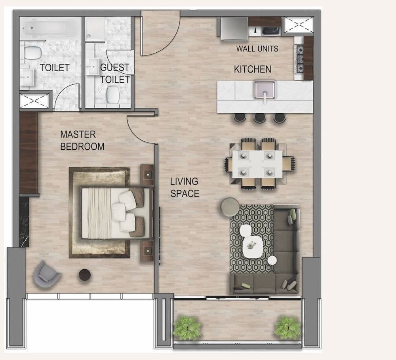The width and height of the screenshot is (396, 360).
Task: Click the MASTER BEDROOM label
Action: (82, 141)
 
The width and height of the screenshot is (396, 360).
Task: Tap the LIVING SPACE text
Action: (185, 188)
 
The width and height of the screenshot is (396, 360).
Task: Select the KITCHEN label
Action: (253, 69)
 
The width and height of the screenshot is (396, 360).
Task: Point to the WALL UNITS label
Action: (257, 49)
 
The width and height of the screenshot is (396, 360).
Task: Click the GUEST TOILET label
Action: (114, 74)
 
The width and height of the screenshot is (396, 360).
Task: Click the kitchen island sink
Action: (265, 89)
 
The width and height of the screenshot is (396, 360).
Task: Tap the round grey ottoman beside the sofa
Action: (230, 207)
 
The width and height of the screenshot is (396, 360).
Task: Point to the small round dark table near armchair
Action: (85, 274)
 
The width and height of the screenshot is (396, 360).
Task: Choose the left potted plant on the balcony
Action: (187, 327)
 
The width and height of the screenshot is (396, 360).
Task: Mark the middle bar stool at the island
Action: (259, 118)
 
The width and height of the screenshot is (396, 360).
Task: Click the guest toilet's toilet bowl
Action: (113, 94)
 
